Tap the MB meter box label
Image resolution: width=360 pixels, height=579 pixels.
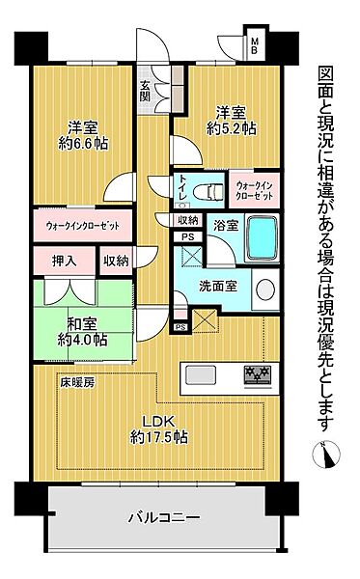pyautogui.click(x=255, y=46)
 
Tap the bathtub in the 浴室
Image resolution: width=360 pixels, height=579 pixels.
pyautogui.click(x=262, y=237)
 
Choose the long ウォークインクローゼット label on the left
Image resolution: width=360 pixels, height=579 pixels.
pyautogui.click(x=83, y=227)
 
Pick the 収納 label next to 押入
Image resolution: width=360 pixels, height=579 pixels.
pyautogui.click(x=116, y=261)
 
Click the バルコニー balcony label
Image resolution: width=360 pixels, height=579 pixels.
pyautogui.click(x=164, y=518)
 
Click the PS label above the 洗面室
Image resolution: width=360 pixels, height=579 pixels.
pyautogui.click(x=187, y=236)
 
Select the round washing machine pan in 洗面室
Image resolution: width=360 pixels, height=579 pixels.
pyautogui.click(x=268, y=289)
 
